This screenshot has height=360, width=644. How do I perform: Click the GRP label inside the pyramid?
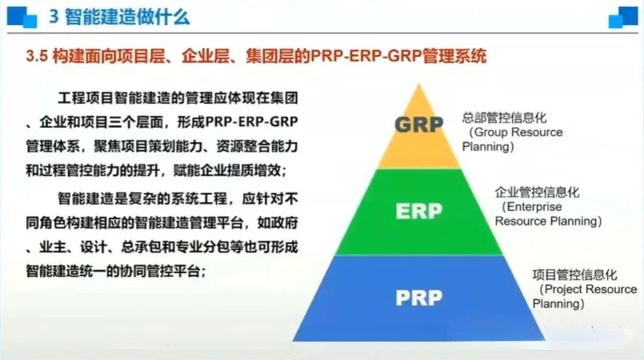(x=419, y=125)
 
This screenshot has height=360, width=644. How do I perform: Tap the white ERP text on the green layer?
(x=419, y=212)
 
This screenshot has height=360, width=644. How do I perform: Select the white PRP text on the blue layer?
(x=419, y=297)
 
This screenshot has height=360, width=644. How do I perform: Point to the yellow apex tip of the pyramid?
(x=419, y=85)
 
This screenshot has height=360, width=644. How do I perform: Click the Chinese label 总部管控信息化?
(x=504, y=118)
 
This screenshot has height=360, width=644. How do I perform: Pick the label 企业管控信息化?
(x=537, y=192)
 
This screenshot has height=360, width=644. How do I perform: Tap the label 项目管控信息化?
(x=575, y=275)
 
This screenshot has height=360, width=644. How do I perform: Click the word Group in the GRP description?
(x=491, y=132)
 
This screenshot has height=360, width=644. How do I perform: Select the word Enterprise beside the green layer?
(x=534, y=207)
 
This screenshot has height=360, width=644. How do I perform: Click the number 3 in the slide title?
(x=54, y=17)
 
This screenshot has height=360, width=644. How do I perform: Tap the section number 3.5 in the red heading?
(x=36, y=56)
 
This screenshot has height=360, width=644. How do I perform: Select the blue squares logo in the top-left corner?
(x=22, y=17)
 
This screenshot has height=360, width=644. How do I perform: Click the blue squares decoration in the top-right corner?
(x=623, y=17)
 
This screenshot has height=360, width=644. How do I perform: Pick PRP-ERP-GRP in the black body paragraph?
(x=252, y=122)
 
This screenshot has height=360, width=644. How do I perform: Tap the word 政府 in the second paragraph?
(x=284, y=223)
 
